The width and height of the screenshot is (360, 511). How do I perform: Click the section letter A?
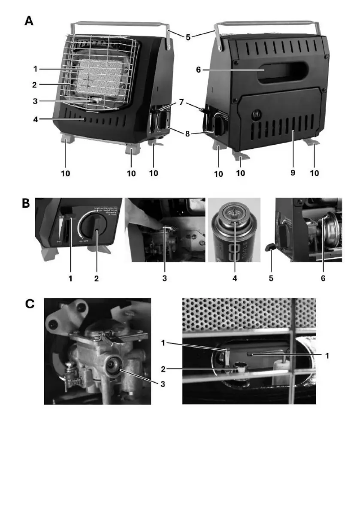(29, 21)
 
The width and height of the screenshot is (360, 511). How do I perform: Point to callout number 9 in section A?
(293, 173)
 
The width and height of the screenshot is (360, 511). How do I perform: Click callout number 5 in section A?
(188, 37)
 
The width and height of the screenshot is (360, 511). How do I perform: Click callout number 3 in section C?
(162, 383)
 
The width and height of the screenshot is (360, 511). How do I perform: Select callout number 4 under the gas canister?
(234, 278)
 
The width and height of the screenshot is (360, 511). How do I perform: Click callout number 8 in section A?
(187, 133)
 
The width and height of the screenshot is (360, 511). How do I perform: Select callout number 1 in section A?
(35, 68)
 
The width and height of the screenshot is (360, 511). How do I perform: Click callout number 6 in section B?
(323, 278)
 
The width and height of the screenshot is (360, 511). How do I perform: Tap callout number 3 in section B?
(164, 278)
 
